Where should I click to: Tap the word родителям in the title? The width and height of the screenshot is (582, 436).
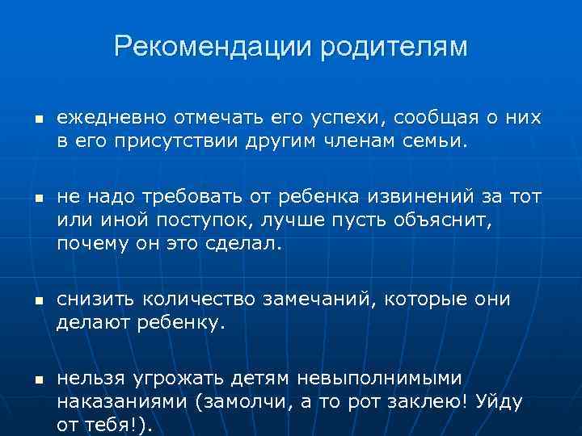pyautogui.click(x=394, y=47)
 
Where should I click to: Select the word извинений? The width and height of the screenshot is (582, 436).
pyautogui.click(x=441, y=197)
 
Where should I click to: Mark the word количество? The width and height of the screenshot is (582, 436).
pyautogui.click(x=200, y=299)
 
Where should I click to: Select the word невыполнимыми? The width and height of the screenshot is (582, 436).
pyautogui.click(x=379, y=378)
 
